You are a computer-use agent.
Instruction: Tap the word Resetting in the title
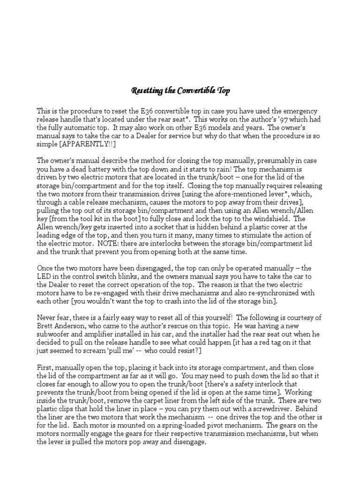146,90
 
